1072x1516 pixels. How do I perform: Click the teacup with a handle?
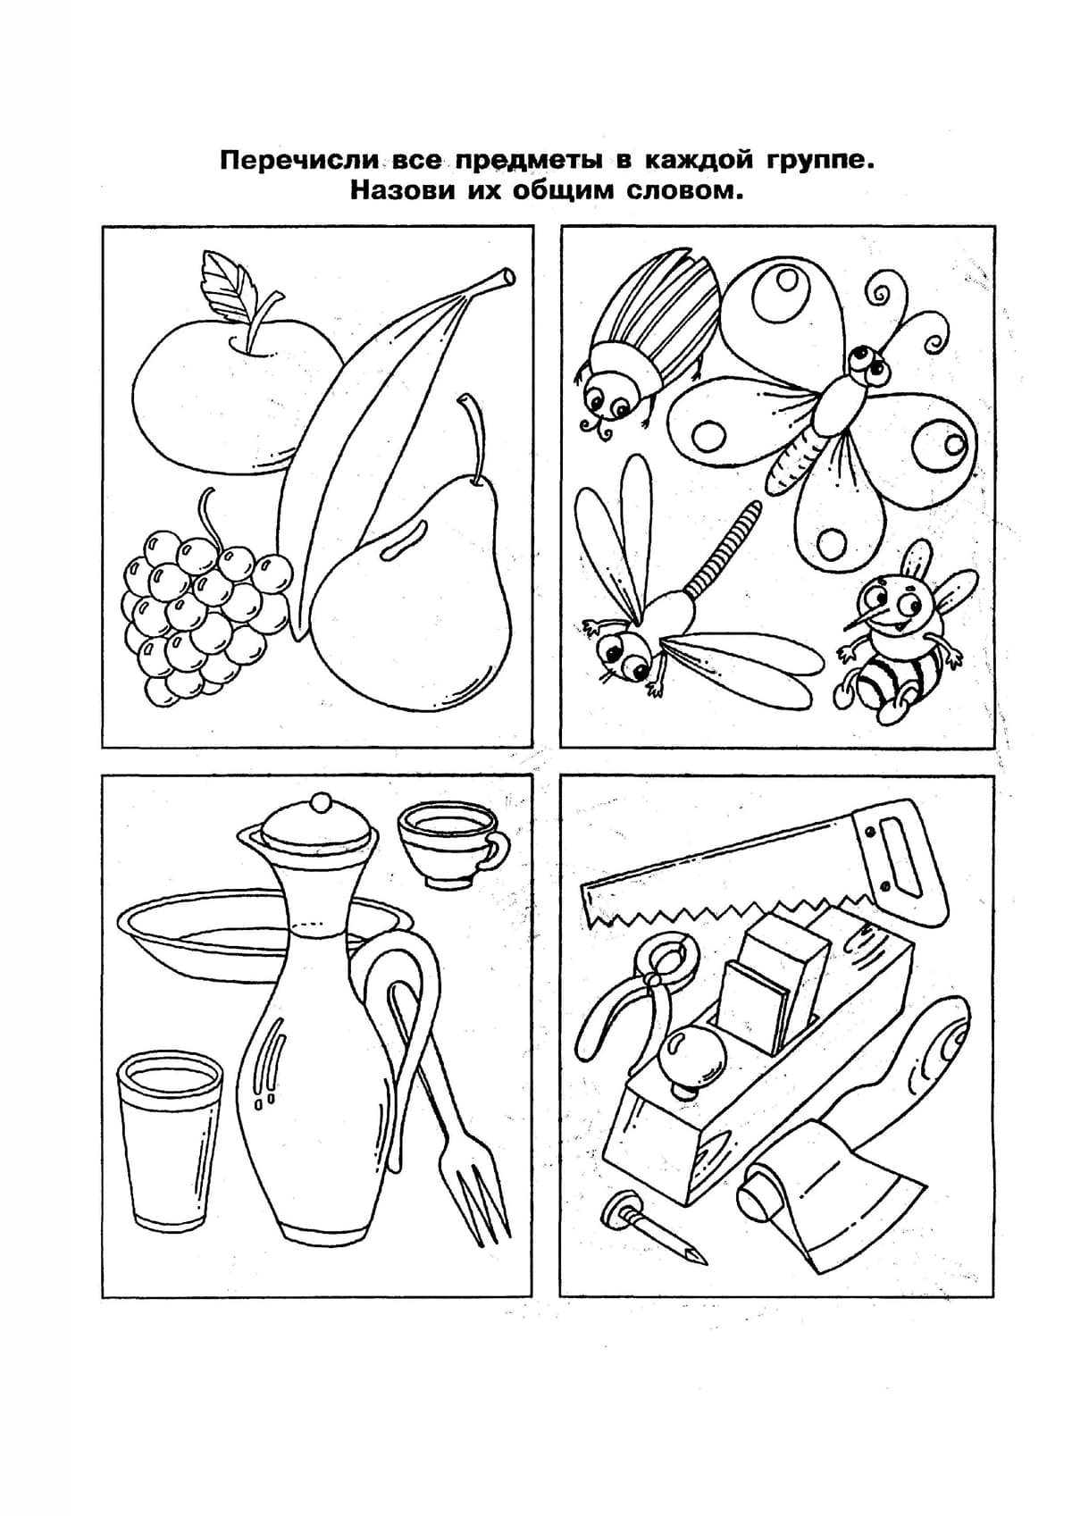pyautogui.click(x=451, y=843)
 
